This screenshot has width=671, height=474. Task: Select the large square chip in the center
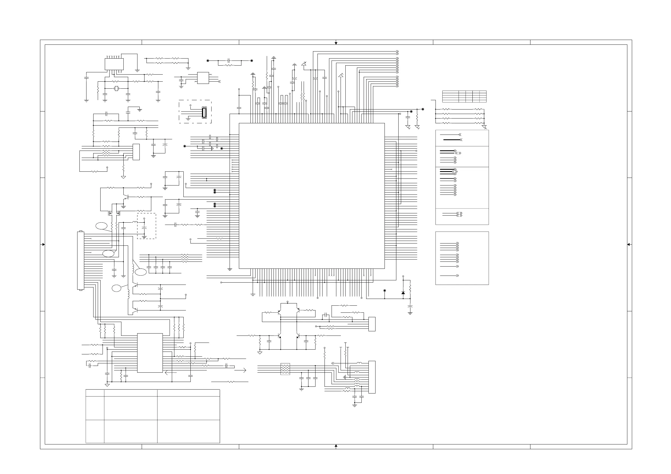coord(312,196)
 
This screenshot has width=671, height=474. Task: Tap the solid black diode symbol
coord(403,293)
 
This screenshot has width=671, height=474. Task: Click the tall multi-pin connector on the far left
coord(80,261)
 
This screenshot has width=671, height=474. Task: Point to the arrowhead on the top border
coord(336,43)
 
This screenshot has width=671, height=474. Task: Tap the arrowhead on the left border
coord(43,244)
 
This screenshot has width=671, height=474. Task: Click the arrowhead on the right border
coord(629,244)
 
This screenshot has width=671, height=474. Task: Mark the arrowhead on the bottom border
coord(336,446)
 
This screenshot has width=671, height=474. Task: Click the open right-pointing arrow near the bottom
coord(240,370)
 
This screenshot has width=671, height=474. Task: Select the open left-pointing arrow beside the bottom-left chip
coord(171,373)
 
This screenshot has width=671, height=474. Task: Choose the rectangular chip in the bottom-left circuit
coord(150,353)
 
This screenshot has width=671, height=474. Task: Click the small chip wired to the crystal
coord(114,64)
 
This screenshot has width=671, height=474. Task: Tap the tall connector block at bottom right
coord(372,377)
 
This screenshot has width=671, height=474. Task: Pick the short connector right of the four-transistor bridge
coord(372,324)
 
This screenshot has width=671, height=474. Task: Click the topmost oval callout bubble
coord(101,226)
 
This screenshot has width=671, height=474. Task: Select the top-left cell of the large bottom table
coord(95,393)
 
